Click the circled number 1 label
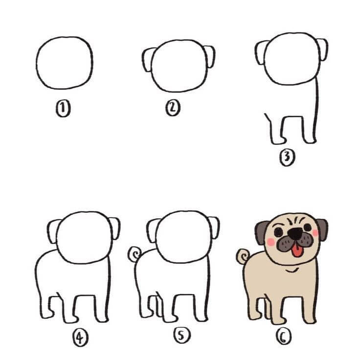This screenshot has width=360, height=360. (63, 109)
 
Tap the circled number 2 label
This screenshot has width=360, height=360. (173, 108)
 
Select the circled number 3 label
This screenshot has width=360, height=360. (287, 157)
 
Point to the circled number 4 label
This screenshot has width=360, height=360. (80, 337)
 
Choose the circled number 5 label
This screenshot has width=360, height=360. (182, 336)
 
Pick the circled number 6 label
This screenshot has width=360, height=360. (284, 337)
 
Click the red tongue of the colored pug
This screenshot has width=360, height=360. (297, 251)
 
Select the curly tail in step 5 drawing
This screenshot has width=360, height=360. (135, 254)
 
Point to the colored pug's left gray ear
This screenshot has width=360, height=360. (261, 232)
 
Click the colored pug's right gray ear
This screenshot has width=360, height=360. (322, 229)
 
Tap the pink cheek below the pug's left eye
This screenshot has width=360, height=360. (271, 242)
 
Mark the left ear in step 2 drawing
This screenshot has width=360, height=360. (148, 60)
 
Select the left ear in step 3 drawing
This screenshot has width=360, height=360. (261, 52)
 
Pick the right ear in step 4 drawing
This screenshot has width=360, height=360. (114, 228)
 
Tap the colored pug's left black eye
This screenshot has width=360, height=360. (278, 232)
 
